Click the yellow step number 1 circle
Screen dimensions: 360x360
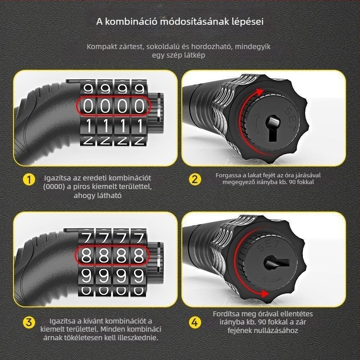pos(29,180)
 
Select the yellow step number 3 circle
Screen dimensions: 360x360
pos(29,322)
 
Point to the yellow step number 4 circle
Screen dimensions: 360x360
pos(194,322)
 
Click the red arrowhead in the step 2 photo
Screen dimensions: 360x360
pos(261,91)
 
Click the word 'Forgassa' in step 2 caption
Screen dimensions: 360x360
pos(228,175)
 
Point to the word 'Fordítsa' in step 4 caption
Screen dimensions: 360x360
pos(227,314)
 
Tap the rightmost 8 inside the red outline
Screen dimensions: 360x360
pos(139,255)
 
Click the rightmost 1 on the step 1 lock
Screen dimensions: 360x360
pos(139,125)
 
